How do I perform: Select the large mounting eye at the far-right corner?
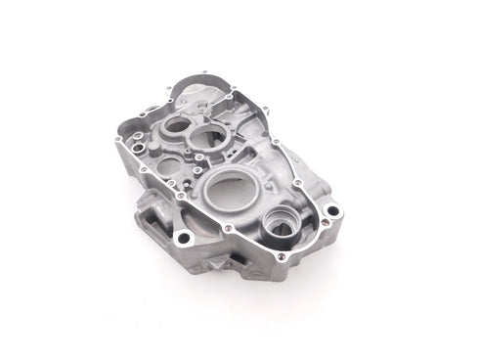pos(333,210)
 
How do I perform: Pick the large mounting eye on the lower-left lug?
pos(183,237)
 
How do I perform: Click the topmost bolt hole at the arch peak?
pos(203,72)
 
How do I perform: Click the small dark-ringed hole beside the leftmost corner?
pos(133,148)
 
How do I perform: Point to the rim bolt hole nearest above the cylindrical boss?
pos(298,183)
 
